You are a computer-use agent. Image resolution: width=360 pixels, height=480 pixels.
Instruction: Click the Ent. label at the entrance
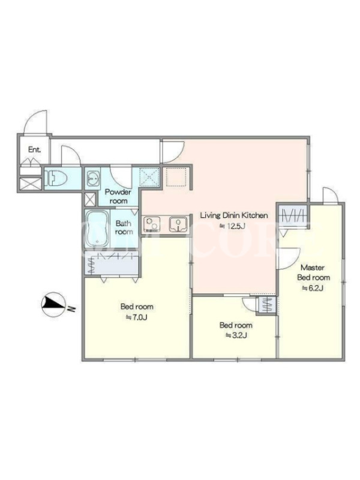(34, 149)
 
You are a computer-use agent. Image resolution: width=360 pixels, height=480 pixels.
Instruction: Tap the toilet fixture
(56, 178)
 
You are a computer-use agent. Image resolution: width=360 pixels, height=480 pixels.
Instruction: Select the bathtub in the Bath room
(97, 229)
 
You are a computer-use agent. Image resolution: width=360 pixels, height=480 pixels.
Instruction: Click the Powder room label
(118, 196)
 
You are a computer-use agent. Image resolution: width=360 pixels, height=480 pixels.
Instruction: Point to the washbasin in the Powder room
(92, 178)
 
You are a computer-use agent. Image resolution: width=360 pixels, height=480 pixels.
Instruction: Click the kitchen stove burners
(151, 224)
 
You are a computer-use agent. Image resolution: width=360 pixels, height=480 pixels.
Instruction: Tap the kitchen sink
(178, 224)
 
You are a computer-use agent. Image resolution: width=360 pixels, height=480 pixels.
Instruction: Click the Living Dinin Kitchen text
(234, 215)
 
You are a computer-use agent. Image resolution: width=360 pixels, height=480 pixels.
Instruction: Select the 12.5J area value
(233, 226)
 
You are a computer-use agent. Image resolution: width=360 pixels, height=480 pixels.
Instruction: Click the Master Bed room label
(313, 272)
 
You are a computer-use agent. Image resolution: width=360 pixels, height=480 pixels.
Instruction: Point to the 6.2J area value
(313, 288)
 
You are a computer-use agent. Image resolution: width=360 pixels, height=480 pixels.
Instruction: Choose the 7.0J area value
(137, 317)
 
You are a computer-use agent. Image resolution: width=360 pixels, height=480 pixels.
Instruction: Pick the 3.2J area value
(236, 335)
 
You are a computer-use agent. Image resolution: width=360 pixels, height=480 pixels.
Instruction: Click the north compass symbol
(53, 304)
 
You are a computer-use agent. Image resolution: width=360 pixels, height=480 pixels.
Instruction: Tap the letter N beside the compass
(71, 309)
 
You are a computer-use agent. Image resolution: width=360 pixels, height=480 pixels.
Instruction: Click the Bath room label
(124, 228)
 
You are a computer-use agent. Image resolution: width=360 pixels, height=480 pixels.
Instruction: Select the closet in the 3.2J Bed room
(268, 305)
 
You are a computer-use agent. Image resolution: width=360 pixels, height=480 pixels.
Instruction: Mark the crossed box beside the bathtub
(89, 200)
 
